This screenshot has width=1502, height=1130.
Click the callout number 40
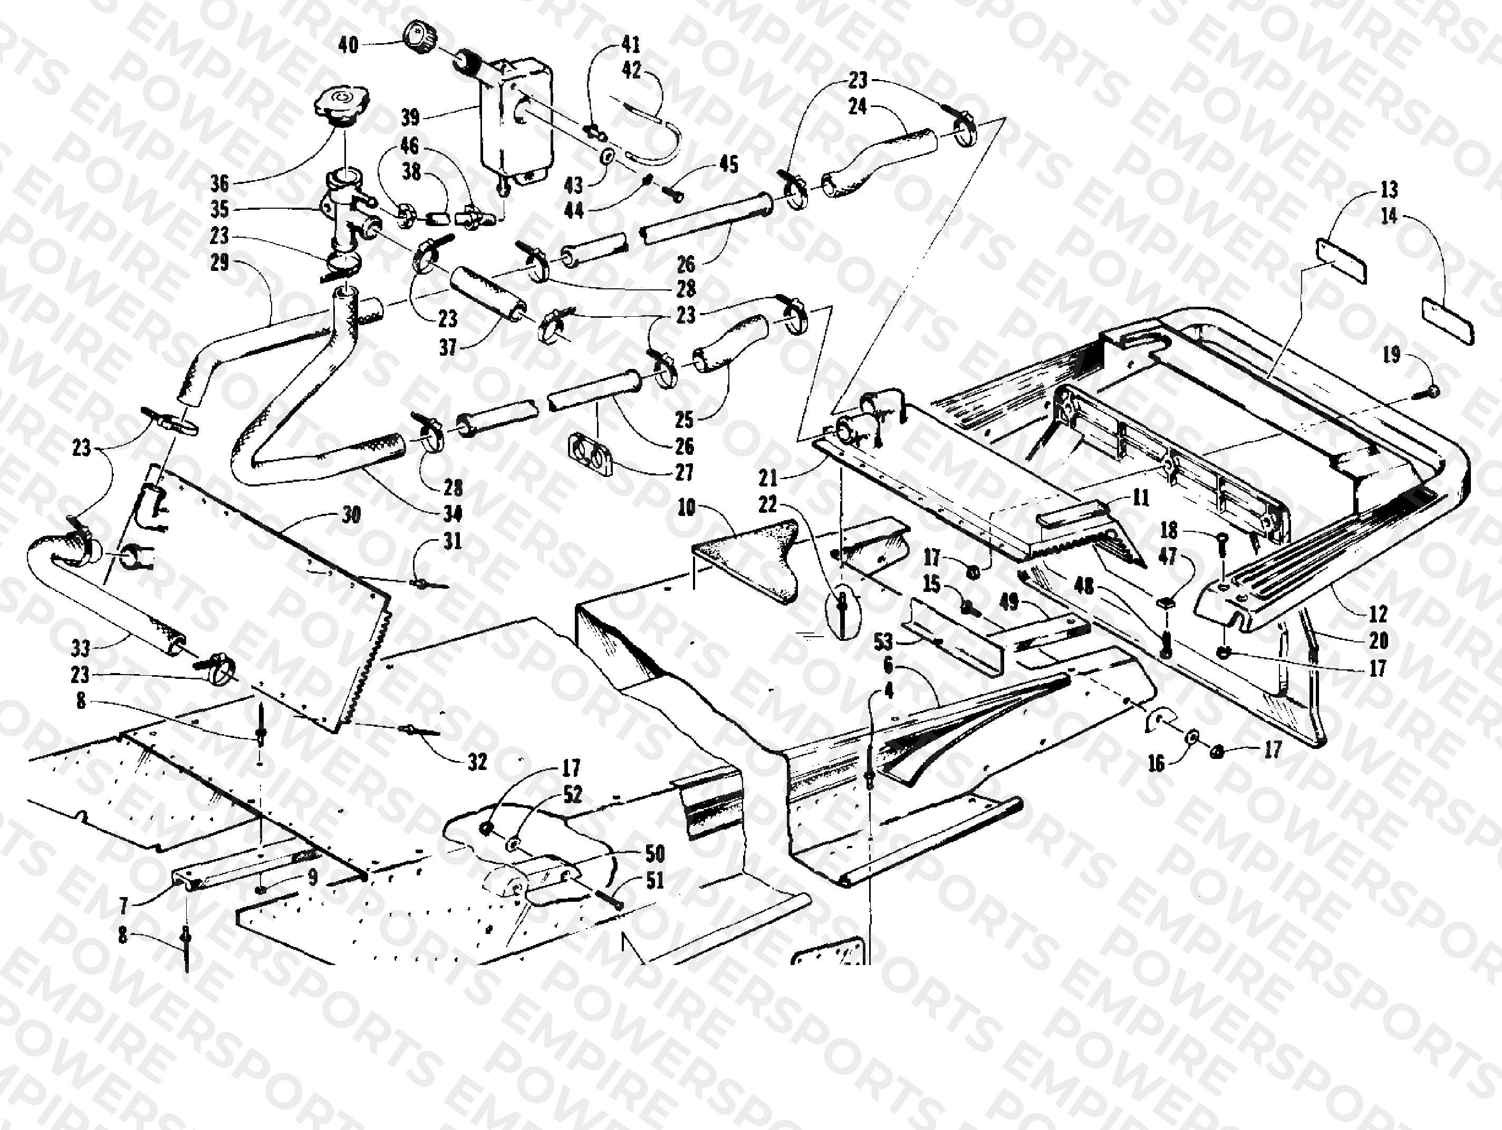[348, 45]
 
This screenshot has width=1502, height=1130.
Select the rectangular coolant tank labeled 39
[516, 122]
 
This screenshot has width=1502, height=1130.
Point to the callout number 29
[219, 262]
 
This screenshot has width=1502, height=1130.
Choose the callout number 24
[858, 106]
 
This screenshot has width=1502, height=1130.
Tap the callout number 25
[685, 420]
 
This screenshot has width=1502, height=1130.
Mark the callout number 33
[81, 648]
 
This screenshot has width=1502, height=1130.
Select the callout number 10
[687, 507]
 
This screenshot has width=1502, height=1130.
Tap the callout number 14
[1389, 216]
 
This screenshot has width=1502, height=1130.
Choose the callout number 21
[768, 479]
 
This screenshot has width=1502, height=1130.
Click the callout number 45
[729, 164]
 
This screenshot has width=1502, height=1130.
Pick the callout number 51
[654, 881]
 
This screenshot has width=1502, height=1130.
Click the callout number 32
[478, 762]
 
